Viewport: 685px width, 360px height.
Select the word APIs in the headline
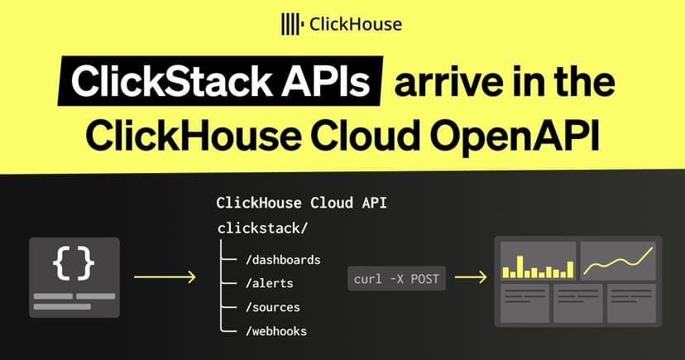[325, 81]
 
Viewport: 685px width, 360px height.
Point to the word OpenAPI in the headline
[515, 137]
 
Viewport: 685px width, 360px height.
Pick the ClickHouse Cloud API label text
[301, 203]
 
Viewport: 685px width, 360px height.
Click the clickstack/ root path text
[262, 228]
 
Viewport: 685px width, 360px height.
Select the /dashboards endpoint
[283, 260]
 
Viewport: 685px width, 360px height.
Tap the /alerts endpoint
[269, 284]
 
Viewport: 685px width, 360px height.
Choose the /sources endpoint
[273, 308]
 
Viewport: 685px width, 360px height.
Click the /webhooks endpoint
[276, 331]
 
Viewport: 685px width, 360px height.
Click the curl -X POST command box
[396, 279]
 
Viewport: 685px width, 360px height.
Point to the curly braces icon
[74, 262]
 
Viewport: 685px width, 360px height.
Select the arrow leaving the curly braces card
[165, 276]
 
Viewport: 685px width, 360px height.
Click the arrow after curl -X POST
[471, 277]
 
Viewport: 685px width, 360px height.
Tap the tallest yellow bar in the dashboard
[520, 267]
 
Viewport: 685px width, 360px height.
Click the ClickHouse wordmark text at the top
[356, 24]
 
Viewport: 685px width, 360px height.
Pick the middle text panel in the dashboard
[578, 303]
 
